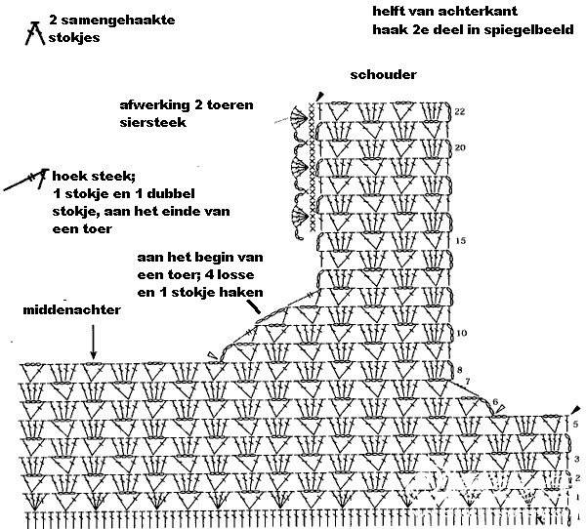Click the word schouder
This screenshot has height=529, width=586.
[383, 75]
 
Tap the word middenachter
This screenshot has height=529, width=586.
[71, 309]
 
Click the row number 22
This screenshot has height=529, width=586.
[460, 111]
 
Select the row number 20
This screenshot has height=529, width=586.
[460, 147]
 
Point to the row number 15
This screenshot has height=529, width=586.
[461, 241]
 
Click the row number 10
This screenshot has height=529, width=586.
[462, 333]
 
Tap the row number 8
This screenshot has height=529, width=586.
[460, 370]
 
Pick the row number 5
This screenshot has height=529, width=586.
[575, 424]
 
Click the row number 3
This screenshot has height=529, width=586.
[576, 459]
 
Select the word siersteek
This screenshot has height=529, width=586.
[153, 122]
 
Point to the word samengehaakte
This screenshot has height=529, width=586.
[118, 20]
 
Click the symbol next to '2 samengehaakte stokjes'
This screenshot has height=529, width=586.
[35, 33]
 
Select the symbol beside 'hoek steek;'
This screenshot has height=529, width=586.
[27, 180]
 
